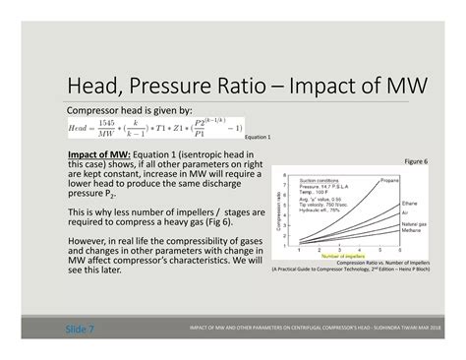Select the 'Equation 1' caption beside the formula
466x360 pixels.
[x=257, y=137]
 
